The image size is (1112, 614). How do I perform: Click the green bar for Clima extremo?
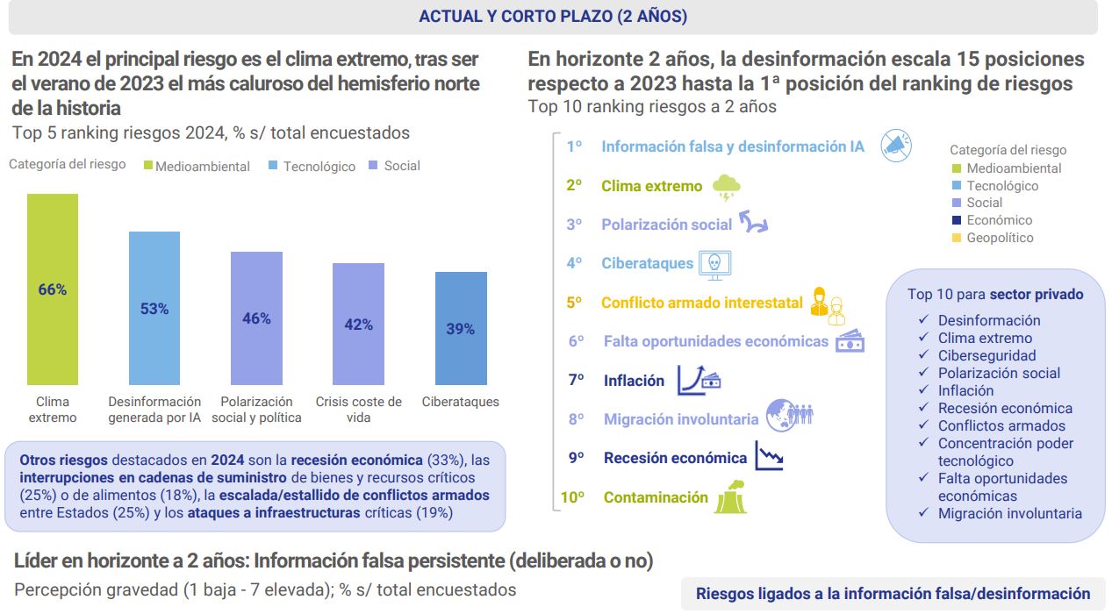pyautogui.click(x=53, y=289)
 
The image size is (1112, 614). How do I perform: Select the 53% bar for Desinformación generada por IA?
pyautogui.click(x=154, y=308)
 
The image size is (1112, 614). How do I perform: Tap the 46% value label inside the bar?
pyautogui.click(x=256, y=318)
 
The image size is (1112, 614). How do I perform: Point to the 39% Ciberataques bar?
pyautogui.click(x=461, y=328)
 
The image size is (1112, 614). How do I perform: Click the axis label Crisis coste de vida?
pyautogui.click(x=358, y=410)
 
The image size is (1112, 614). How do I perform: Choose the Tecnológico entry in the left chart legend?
pyautogui.click(x=319, y=166)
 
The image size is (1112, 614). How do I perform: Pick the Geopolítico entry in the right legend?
pyautogui.click(x=1000, y=238)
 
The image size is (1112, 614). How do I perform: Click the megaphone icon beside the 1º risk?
pyautogui.click(x=895, y=146)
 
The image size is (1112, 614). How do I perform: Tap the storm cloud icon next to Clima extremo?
pyautogui.click(x=727, y=187)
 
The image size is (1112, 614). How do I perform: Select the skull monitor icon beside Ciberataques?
pyautogui.click(x=714, y=263)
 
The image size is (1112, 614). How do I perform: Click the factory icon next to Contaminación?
pyautogui.click(x=730, y=496)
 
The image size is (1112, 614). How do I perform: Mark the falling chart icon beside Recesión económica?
pyautogui.click(x=770, y=456)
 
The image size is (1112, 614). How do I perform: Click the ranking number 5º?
pyautogui.click(x=575, y=303)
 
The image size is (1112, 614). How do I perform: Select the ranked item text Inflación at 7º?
pyautogui.click(x=634, y=381)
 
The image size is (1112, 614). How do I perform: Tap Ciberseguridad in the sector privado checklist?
pyautogui.click(x=986, y=355)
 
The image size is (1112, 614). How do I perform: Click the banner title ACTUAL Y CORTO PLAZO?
pyautogui.click(x=553, y=17)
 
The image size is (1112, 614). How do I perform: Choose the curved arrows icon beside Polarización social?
pyautogui.click(x=753, y=223)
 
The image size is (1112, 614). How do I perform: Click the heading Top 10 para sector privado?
pyautogui.click(x=995, y=295)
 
